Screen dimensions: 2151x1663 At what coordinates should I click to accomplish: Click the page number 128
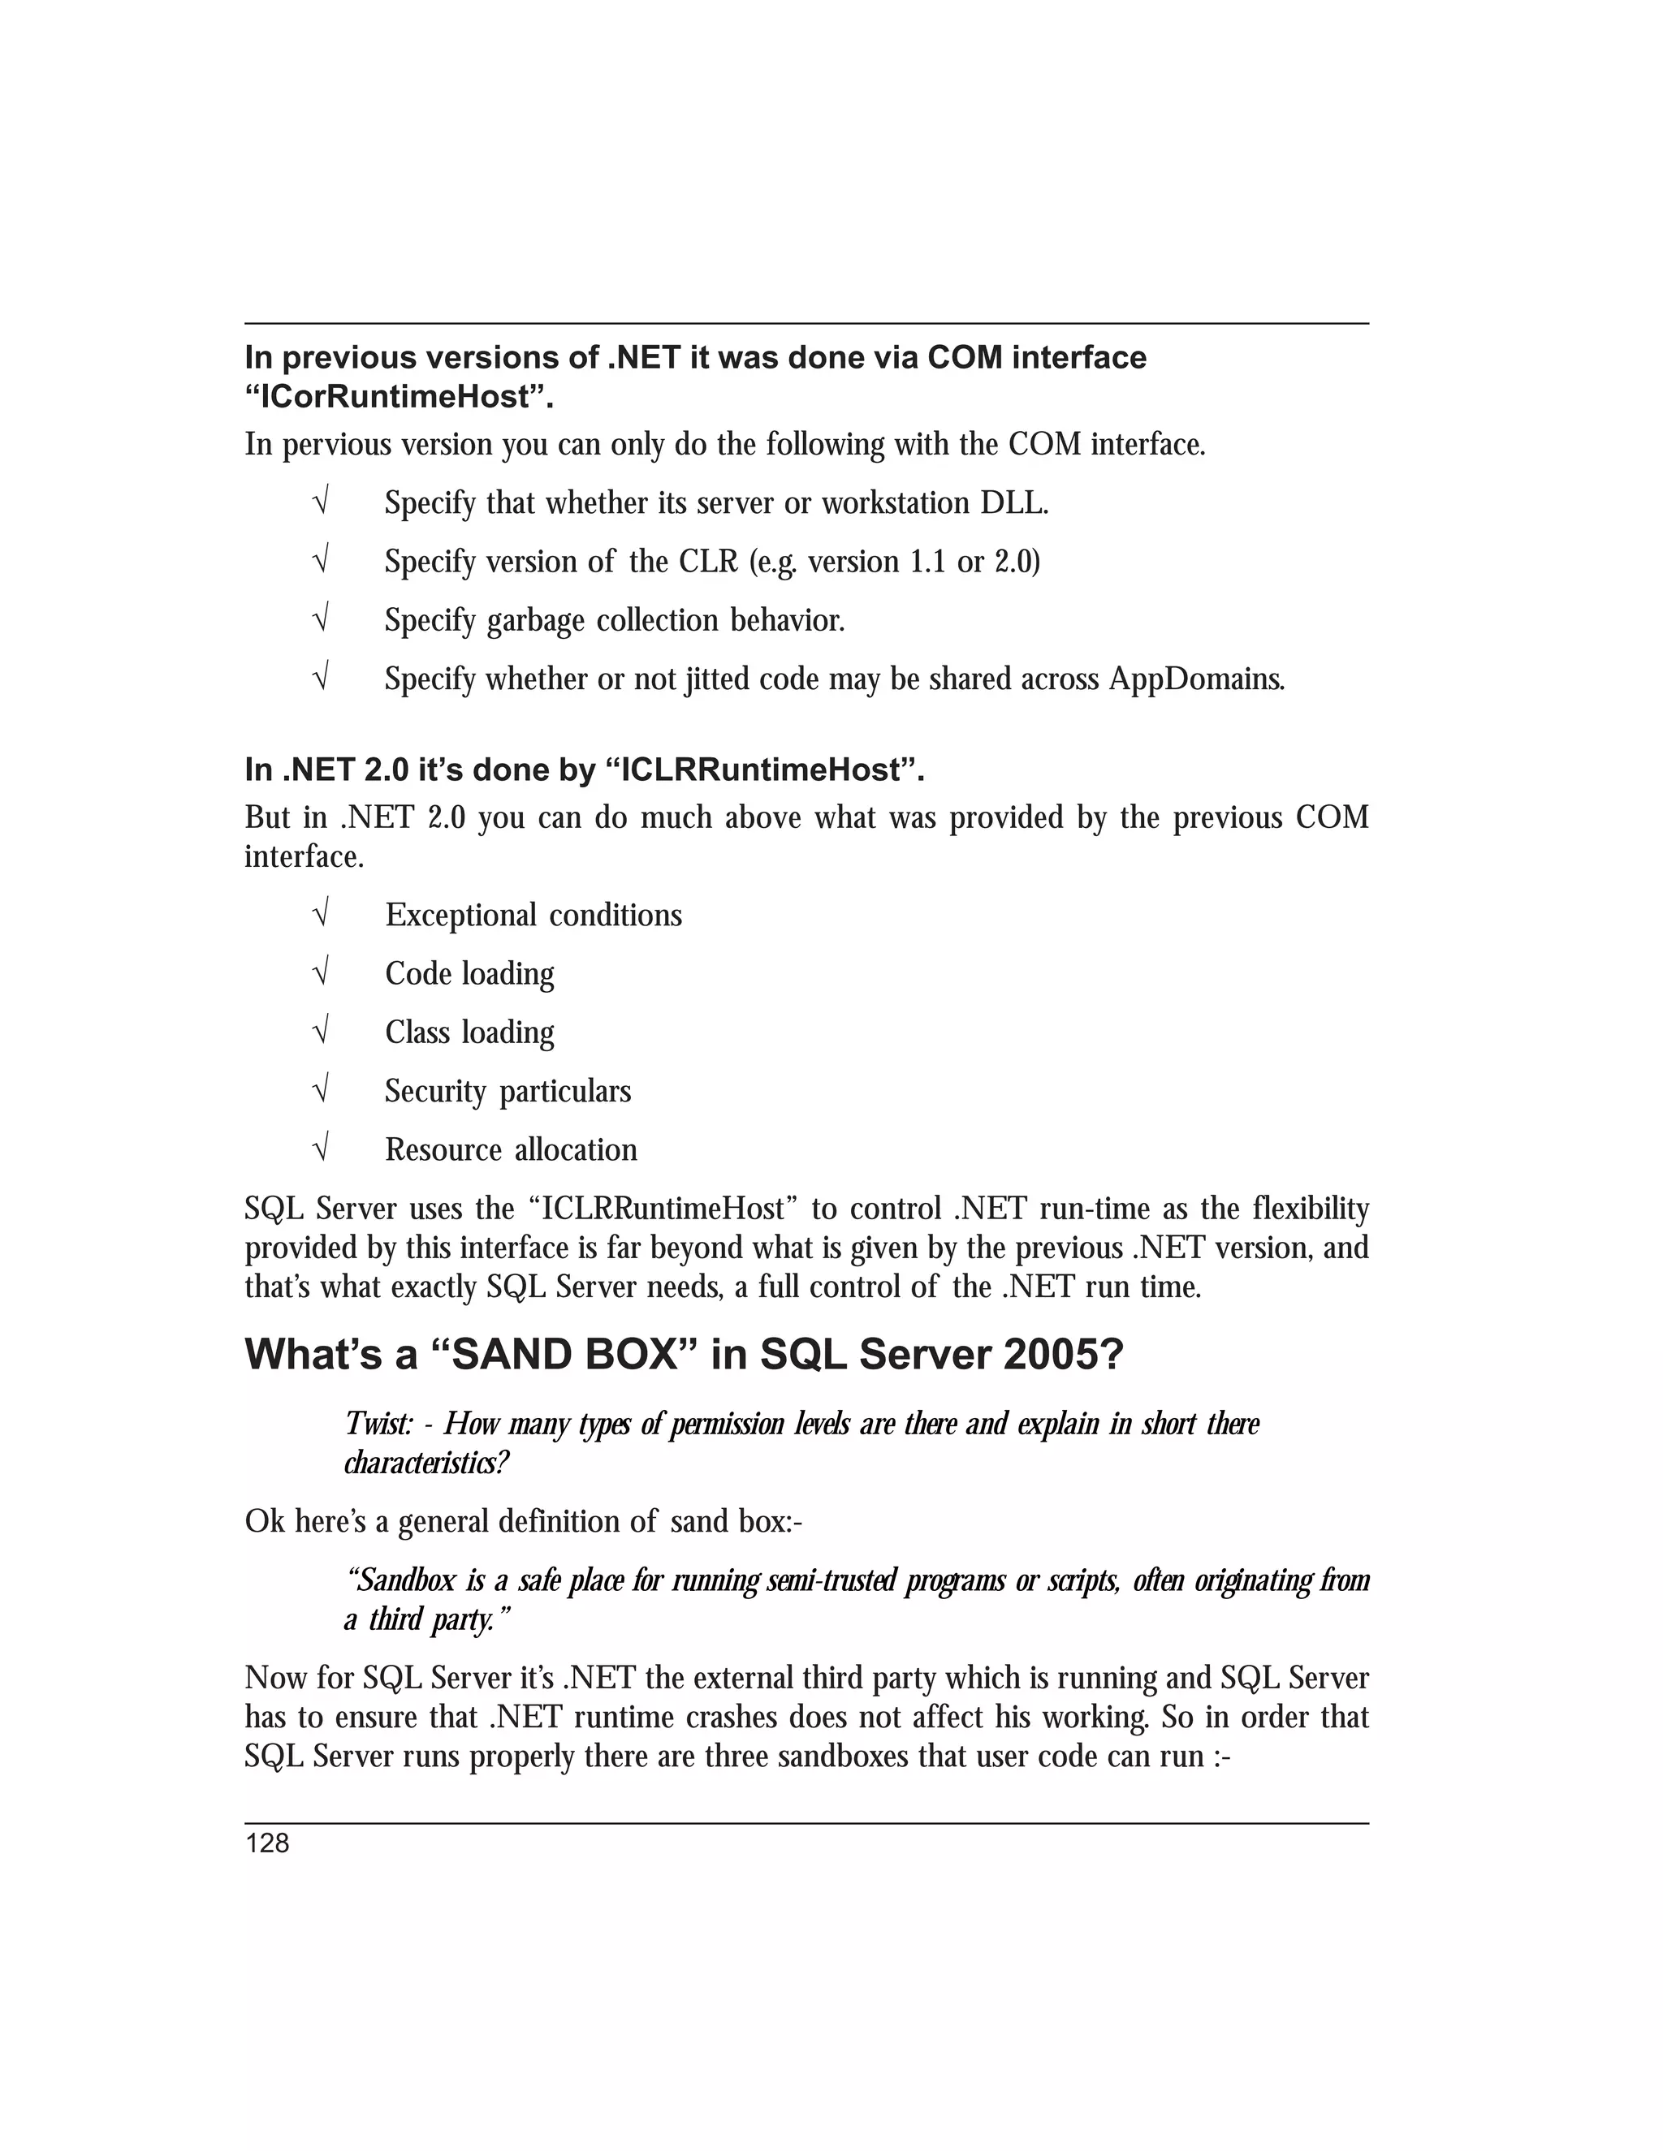(x=267, y=1843)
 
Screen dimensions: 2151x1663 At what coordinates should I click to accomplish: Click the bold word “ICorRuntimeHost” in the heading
(x=398, y=398)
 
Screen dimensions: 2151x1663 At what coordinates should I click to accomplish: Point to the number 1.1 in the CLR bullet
(x=922, y=562)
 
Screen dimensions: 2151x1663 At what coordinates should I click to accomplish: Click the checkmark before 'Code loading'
(x=319, y=974)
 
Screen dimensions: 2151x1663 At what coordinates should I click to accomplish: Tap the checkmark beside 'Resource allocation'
(x=319, y=1149)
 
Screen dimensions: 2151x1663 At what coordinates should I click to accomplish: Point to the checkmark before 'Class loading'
(x=319, y=1032)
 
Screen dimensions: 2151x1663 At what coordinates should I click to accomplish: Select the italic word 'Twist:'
(x=378, y=1425)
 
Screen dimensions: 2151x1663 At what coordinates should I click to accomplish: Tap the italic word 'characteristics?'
(x=426, y=1463)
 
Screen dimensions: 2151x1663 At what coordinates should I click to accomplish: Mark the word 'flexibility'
(x=1311, y=1209)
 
